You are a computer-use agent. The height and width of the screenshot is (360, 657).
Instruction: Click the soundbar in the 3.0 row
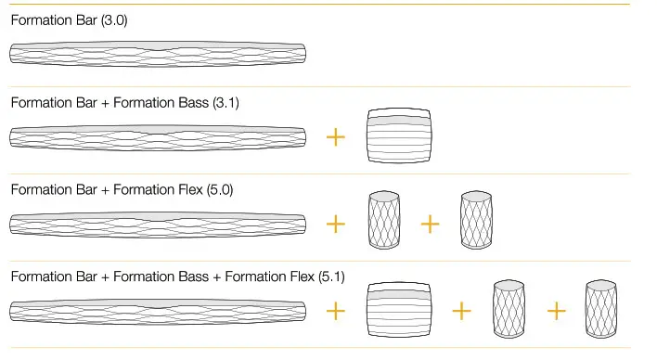pos(158,53)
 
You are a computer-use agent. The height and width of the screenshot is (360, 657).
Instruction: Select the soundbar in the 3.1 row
pos(158,137)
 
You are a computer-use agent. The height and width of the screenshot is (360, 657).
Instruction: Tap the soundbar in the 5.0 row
pos(158,224)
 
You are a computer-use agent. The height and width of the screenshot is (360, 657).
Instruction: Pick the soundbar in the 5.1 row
pos(158,310)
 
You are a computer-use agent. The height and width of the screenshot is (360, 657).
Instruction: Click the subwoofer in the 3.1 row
pos(400,137)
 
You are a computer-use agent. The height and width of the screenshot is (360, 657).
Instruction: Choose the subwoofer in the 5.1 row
pos(400,310)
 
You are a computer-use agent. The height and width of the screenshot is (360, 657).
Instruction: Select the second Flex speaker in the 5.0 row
pos(476,221)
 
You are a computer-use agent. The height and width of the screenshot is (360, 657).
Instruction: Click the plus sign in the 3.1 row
pos(336,137)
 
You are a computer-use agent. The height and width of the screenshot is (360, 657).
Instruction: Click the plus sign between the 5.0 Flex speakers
pos(430,224)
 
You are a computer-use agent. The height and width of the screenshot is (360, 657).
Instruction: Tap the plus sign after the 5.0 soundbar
pos(336,224)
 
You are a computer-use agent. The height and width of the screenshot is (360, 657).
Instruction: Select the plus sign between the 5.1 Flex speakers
pos(555,310)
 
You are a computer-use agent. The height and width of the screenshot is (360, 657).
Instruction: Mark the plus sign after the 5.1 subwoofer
pos(461,310)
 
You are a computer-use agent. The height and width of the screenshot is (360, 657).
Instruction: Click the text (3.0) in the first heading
pos(117,19)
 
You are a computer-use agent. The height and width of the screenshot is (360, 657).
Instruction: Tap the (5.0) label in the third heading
pos(217,189)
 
